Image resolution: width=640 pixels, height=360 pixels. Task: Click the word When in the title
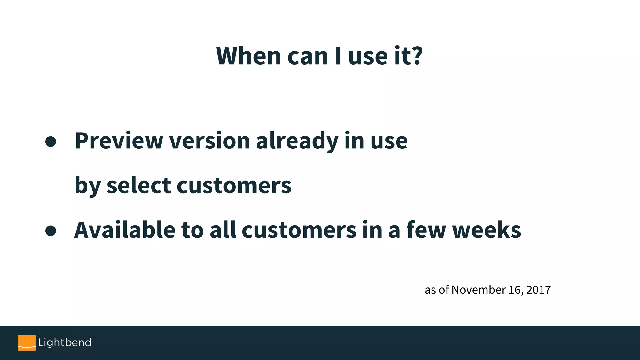tap(248, 56)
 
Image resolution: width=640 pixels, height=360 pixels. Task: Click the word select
tap(138, 186)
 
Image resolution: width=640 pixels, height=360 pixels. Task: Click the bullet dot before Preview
tap(51, 142)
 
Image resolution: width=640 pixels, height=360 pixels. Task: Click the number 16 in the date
tap(514, 290)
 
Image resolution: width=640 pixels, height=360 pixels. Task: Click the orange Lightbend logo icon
tap(27, 343)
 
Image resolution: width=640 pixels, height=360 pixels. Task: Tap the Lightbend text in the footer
tap(65, 343)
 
